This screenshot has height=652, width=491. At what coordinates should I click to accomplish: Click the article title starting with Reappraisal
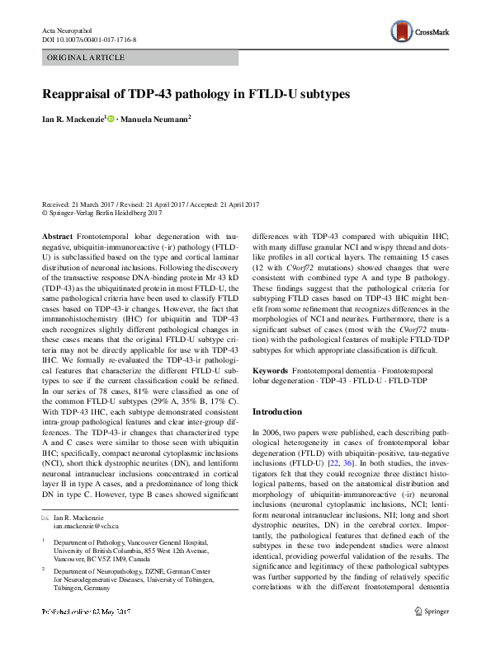click(x=197, y=93)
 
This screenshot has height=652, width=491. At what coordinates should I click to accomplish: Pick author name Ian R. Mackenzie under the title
click(x=76, y=119)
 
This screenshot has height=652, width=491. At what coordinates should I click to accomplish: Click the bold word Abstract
click(x=56, y=235)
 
